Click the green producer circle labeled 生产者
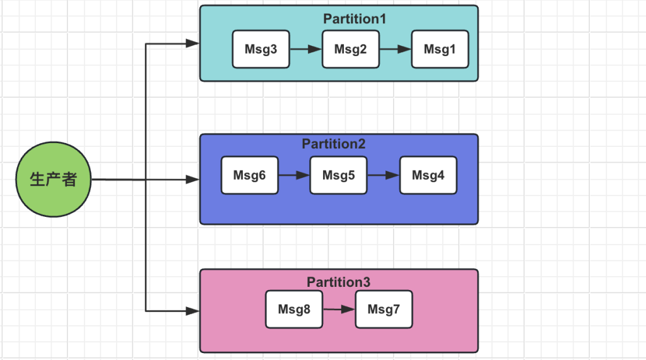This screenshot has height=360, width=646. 54,180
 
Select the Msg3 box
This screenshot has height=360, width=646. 261,49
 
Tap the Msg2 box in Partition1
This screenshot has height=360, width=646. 351,49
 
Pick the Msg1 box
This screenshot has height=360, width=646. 440,49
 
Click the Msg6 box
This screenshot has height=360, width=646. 250,175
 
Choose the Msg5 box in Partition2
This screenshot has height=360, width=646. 339,175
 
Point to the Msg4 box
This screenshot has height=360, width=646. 428,175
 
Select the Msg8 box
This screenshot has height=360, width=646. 294,310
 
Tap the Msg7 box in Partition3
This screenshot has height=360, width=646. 384,310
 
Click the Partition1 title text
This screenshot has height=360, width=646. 355,19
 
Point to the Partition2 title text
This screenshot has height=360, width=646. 334,144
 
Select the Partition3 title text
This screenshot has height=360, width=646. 339,282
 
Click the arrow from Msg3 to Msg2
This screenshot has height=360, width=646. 306,49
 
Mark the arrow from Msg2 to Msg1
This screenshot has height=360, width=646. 396,49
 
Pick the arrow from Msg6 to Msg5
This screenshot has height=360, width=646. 294,175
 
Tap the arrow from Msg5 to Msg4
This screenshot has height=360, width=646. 384,175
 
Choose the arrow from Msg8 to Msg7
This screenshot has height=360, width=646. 339,309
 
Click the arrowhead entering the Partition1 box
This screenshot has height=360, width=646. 192,44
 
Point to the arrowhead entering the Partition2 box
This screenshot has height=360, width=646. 192,179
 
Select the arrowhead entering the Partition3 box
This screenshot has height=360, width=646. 192,311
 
